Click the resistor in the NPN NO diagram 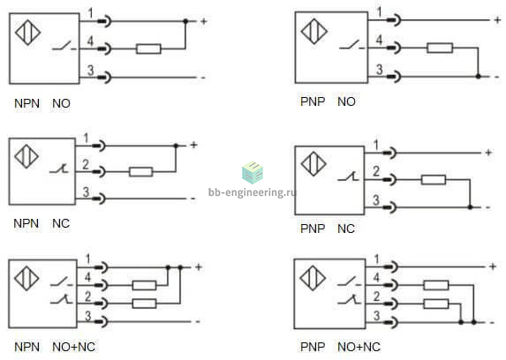[148, 49]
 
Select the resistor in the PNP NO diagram [440, 48]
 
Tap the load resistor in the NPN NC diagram [140, 171]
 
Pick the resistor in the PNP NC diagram [434, 180]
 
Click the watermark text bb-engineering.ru [252, 192]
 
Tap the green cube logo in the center [253, 172]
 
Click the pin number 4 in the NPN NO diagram [90, 41]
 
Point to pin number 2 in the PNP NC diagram [376, 171]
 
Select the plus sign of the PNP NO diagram [497, 20]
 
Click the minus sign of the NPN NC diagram [193, 199]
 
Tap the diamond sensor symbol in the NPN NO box [27, 33]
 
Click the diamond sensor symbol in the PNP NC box [313, 164]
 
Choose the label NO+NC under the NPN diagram [73, 347]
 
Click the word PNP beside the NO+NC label [313, 347]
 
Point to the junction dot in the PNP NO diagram [479, 77]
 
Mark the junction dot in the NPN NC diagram [176, 146]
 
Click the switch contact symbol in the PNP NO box [351, 45]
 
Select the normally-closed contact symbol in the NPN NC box [59, 169]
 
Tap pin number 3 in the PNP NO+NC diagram [376, 316]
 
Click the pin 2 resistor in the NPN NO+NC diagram [144, 304]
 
